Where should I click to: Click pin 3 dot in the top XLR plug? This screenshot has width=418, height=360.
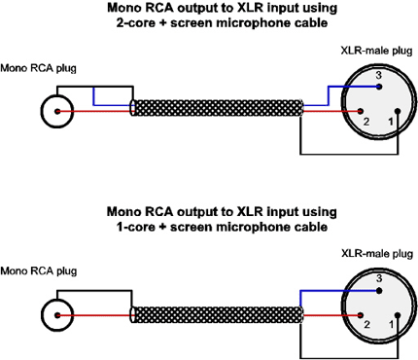point(379,87)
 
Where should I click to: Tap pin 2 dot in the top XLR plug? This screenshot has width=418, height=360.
point(360,112)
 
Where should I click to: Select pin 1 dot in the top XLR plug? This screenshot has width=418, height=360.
point(398,111)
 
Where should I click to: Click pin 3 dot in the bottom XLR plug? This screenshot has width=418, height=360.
point(379,290)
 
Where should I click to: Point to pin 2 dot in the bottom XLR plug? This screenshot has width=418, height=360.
point(360,315)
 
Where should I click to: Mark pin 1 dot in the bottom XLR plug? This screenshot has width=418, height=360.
point(398,315)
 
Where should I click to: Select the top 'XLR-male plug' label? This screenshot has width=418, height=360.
point(376,51)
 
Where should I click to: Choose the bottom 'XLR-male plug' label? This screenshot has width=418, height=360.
point(377,254)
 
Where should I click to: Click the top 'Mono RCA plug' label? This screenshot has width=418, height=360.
point(38,68)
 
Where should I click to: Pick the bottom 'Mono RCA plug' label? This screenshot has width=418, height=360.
point(39,270)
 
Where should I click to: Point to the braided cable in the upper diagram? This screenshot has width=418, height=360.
point(217,108)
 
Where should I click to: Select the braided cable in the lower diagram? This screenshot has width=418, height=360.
point(217,314)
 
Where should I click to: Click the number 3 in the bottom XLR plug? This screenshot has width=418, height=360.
point(379,278)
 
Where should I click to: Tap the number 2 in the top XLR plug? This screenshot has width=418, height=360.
point(366,122)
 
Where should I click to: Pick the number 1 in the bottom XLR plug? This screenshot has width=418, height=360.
point(391,324)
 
